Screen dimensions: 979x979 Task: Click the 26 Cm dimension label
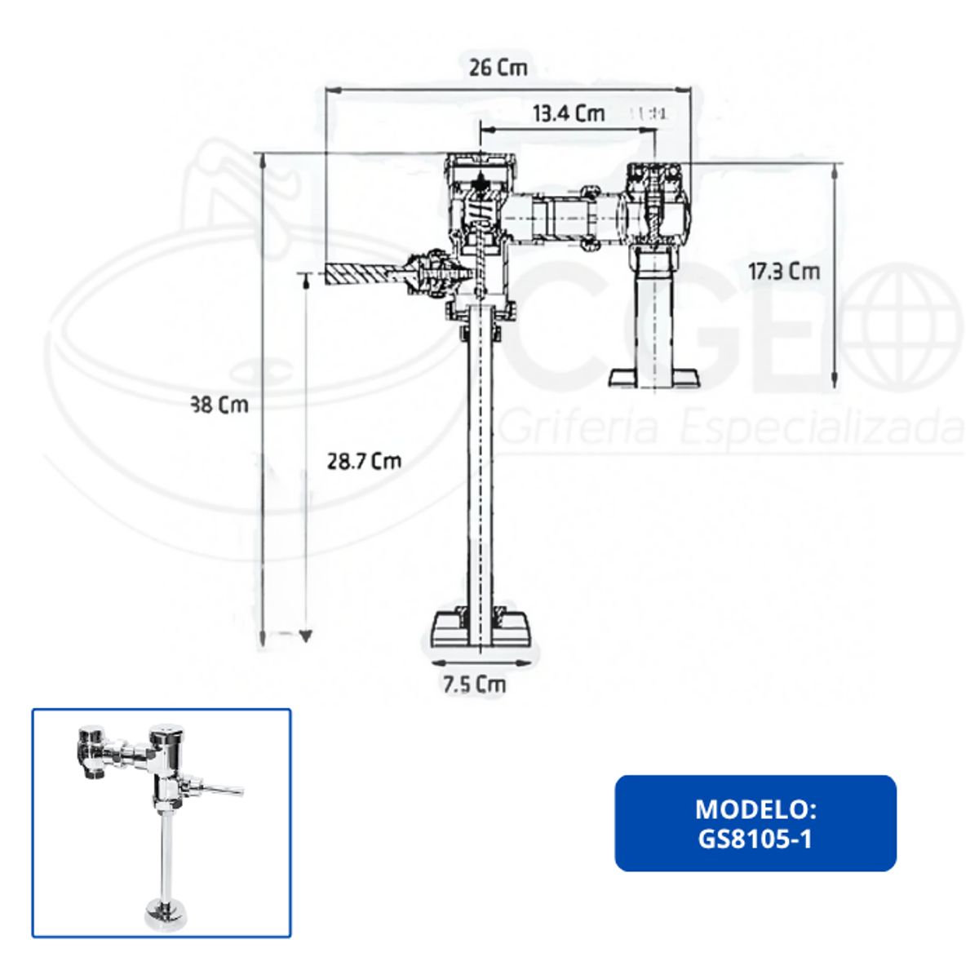click(498, 68)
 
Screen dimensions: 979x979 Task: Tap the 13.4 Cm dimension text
click(569, 113)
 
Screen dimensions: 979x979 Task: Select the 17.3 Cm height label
click(783, 271)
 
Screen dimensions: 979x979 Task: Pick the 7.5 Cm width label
click(474, 684)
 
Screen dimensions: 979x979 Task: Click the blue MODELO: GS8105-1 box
click(755, 823)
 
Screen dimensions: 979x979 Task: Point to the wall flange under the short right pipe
click(654, 376)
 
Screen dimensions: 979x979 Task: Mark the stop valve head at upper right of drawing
click(654, 175)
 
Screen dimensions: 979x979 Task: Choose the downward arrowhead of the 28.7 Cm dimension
click(306, 636)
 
